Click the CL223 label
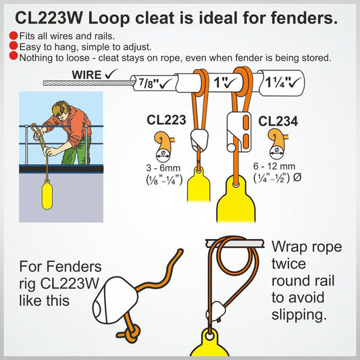pyautogui.click(x=166, y=120)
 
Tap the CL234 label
pyautogui.click(x=278, y=122)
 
